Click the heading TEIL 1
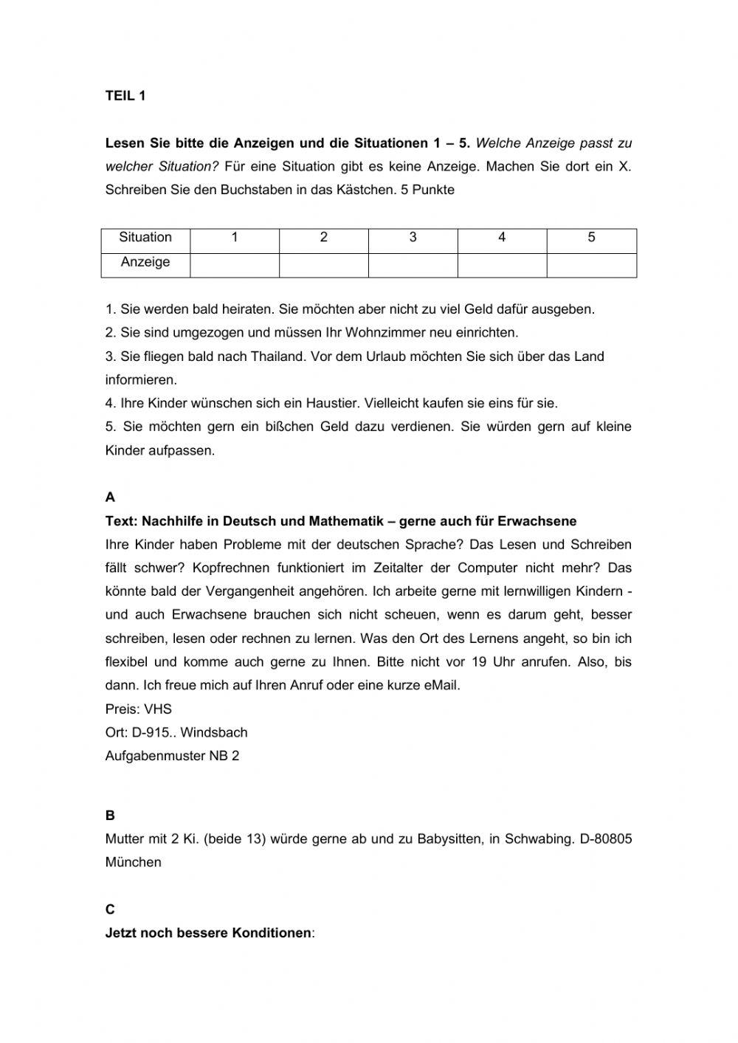pos(125,96)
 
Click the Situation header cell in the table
pos(145,238)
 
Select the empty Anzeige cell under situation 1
pos(235,265)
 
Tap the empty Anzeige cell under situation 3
pos(413,265)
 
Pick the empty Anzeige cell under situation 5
pos(591,265)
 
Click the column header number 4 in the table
pos(502,238)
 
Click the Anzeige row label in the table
pos(145,262)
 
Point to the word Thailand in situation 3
pos(278,357)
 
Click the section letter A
pos(110,498)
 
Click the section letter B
pos(110,816)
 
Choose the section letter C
pos(110,909)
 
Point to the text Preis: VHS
pos(139,709)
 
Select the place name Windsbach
pos(213,733)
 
